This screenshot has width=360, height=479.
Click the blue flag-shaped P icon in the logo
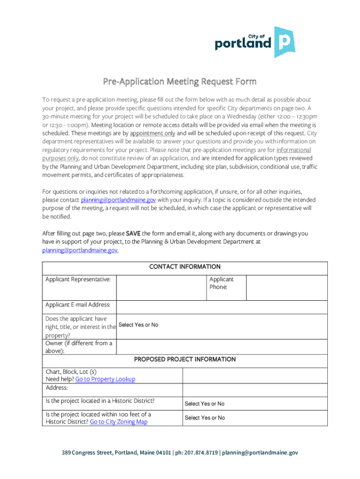pos(284,42)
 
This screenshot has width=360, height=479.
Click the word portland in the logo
pos(243,44)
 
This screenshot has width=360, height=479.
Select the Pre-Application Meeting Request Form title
pos(180,82)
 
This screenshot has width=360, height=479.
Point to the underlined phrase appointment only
pos(152,133)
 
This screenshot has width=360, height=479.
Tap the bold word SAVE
pos(133,233)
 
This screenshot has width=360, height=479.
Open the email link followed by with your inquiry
pos(118,200)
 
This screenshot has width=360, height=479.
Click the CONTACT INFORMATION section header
pos(185,267)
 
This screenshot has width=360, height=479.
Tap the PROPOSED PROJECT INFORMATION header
pos(185,360)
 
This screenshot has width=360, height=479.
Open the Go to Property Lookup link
pos(105,379)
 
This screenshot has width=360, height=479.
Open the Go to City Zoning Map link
pos(119,422)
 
